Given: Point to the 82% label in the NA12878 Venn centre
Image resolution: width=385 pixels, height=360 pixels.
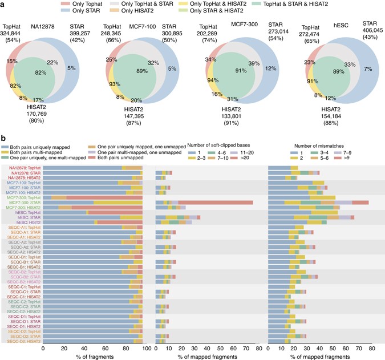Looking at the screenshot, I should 40,74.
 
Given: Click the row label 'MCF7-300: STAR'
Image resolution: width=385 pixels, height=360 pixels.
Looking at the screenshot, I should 37,202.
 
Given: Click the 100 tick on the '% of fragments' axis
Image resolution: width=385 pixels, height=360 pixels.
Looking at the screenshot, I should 145,347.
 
